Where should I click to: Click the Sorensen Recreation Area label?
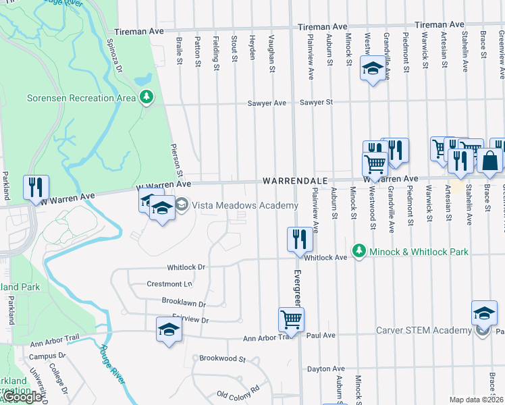[x=80, y=98]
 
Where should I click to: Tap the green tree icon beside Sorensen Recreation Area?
[x=146, y=98]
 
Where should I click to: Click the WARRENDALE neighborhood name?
[x=295, y=181]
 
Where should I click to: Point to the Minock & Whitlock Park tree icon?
[x=358, y=252]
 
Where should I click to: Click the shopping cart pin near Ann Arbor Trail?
[x=291, y=319]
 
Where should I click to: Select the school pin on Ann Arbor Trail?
[x=168, y=329]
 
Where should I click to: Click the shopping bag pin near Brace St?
[x=489, y=161]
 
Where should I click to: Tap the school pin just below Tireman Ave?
[x=372, y=69]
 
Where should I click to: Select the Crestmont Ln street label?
[x=165, y=284]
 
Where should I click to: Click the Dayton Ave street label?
[x=325, y=369]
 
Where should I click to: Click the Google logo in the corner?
[x=22, y=397]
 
